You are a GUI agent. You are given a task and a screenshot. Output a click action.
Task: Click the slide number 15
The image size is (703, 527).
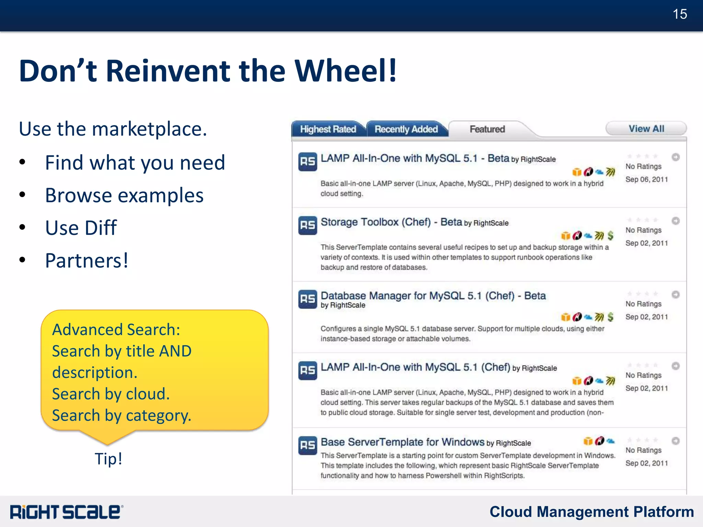pos(680,14)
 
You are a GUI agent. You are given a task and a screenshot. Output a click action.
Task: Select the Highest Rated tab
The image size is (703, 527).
pos(328,129)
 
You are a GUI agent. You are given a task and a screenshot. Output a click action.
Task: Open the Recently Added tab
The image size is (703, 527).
pos(406,129)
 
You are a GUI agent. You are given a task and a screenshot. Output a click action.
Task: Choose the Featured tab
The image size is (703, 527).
pos(487,129)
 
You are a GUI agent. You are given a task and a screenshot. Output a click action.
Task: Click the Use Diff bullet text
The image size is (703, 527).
pos(81,228)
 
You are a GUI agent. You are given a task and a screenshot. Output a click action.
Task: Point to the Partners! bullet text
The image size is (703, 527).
pos(87,261)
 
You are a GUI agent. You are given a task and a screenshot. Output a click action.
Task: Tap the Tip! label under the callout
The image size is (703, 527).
pos(108,459)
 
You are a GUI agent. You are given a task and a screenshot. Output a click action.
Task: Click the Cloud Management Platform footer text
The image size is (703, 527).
pos(591,512)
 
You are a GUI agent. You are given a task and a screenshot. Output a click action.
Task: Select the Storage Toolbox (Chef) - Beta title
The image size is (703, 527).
pos(391,222)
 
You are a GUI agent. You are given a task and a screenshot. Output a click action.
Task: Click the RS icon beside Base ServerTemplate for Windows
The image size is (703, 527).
pos(308,445)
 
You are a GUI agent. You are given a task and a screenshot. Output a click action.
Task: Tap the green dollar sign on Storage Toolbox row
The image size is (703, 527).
pos(610,236)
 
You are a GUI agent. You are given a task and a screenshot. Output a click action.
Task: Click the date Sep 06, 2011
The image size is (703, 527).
pos(646,180)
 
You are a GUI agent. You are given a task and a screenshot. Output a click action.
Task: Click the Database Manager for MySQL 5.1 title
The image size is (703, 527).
pos(433,296)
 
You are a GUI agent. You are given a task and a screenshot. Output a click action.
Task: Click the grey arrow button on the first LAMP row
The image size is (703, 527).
pos(676,157)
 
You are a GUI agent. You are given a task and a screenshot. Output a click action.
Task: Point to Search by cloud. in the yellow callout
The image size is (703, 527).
pos(111,394)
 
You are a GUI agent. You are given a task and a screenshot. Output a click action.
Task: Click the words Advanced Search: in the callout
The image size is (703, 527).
pos(116,330)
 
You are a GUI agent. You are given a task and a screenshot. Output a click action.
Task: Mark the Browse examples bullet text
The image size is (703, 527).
pos(124,195)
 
